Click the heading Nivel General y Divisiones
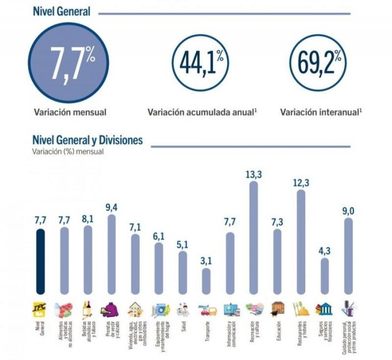point(87,141)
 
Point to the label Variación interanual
point(321,112)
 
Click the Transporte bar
point(206,280)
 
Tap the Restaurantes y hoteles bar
point(301,241)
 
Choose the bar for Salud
point(182,272)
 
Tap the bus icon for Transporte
point(207,310)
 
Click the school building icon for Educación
point(278,309)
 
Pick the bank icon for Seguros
point(324,309)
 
